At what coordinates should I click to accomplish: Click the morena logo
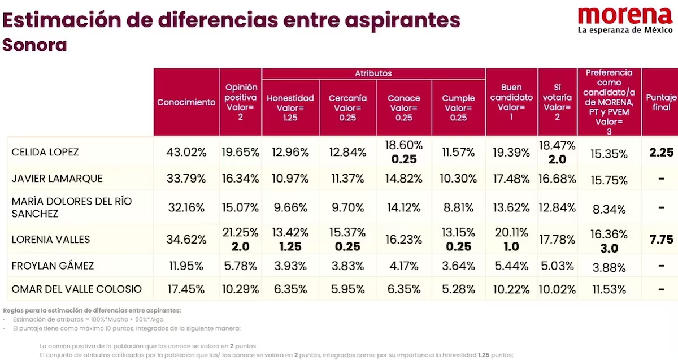[x=625, y=20]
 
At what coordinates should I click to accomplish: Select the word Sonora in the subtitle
[x=34, y=45]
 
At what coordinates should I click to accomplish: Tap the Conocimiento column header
[x=186, y=102]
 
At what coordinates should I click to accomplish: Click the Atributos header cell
[x=373, y=73]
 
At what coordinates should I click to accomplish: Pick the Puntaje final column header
[x=662, y=102]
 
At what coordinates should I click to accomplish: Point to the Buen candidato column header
[x=511, y=102]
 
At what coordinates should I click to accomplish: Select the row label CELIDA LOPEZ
[x=45, y=152]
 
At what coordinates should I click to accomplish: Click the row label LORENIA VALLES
[x=51, y=240]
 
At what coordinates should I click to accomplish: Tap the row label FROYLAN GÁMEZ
[x=53, y=266]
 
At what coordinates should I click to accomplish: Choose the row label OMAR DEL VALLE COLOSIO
[x=77, y=289]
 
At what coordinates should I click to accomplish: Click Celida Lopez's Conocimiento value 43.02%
[x=186, y=152]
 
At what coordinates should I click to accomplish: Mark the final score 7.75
[x=662, y=240]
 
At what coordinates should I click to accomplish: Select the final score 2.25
[x=662, y=152]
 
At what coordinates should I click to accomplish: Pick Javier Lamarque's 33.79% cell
[x=186, y=179]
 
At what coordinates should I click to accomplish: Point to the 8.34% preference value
[x=609, y=209]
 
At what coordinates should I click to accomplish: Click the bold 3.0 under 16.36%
[x=609, y=248]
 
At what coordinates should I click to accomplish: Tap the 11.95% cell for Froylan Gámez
[x=186, y=266]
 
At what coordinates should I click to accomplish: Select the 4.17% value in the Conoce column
[x=404, y=266]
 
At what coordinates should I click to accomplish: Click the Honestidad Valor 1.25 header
[x=290, y=108]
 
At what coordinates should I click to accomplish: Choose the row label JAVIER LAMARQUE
[x=57, y=179]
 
